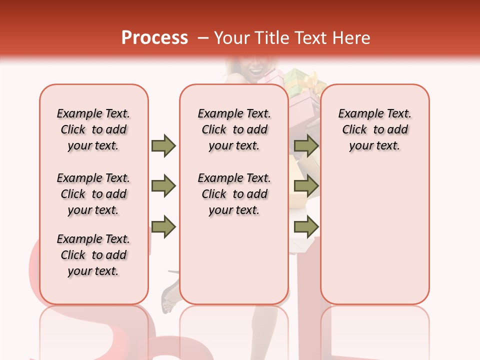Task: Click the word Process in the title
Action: click(x=154, y=37)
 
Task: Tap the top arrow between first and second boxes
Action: click(x=163, y=145)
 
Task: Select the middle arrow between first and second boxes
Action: click(x=163, y=186)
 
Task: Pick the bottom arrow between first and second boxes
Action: click(x=163, y=227)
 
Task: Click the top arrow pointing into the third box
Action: click(x=306, y=145)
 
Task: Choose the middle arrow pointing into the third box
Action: click(x=306, y=186)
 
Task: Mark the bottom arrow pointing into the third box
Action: click(x=306, y=227)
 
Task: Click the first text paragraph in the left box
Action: click(x=93, y=129)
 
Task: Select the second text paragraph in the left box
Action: click(x=93, y=194)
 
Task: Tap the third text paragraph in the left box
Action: click(x=93, y=255)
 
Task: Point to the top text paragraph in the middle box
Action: click(x=234, y=129)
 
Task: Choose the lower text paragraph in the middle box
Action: click(x=234, y=194)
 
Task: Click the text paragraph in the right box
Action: click(x=374, y=129)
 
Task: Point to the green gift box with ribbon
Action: click(x=300, y=80)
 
